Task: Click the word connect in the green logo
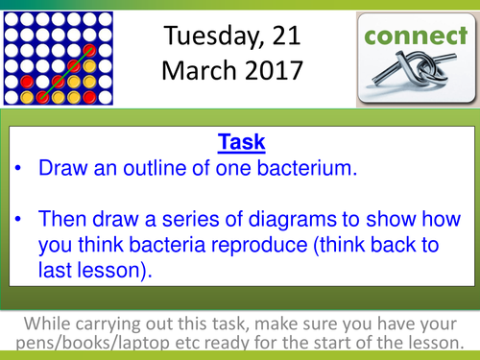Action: click(x=417, y=38)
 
